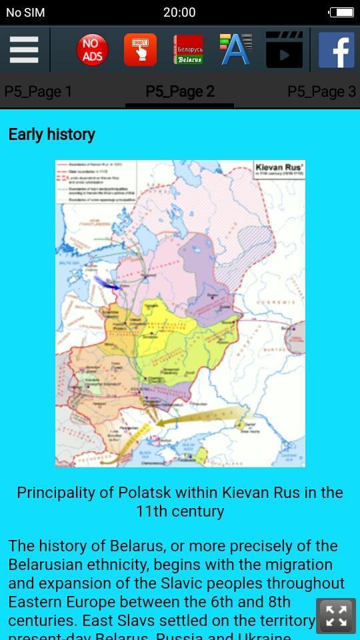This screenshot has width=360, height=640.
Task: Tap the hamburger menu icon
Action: click(24, 50)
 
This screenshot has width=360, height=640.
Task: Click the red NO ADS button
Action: click(92, 50)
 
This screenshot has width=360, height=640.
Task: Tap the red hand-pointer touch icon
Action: click(140, 50)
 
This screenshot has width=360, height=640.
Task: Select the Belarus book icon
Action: click(189, 50)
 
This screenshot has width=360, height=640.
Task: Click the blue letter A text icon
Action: click(236, 50)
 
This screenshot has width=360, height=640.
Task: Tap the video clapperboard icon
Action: click(284, 50)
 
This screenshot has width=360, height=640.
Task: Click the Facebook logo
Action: click(336, 50)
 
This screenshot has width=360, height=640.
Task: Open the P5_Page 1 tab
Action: click(38, 91)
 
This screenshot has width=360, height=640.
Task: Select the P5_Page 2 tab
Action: click(180, 91)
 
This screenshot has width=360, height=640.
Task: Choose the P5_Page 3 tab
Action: click(321, 91)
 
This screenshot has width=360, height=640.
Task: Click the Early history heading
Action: click(51, 134)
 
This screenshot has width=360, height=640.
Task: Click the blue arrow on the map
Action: click(107, 283)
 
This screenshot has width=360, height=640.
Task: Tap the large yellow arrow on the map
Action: click(200, 415)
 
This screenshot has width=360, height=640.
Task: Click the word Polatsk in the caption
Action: click(145, 493)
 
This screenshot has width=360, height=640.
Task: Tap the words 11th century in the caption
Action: click(180, 511)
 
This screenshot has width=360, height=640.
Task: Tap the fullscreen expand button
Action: click(337, 616)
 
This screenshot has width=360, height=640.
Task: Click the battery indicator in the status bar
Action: click(341, 12)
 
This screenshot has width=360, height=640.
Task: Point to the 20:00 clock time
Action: click(179, 12)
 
